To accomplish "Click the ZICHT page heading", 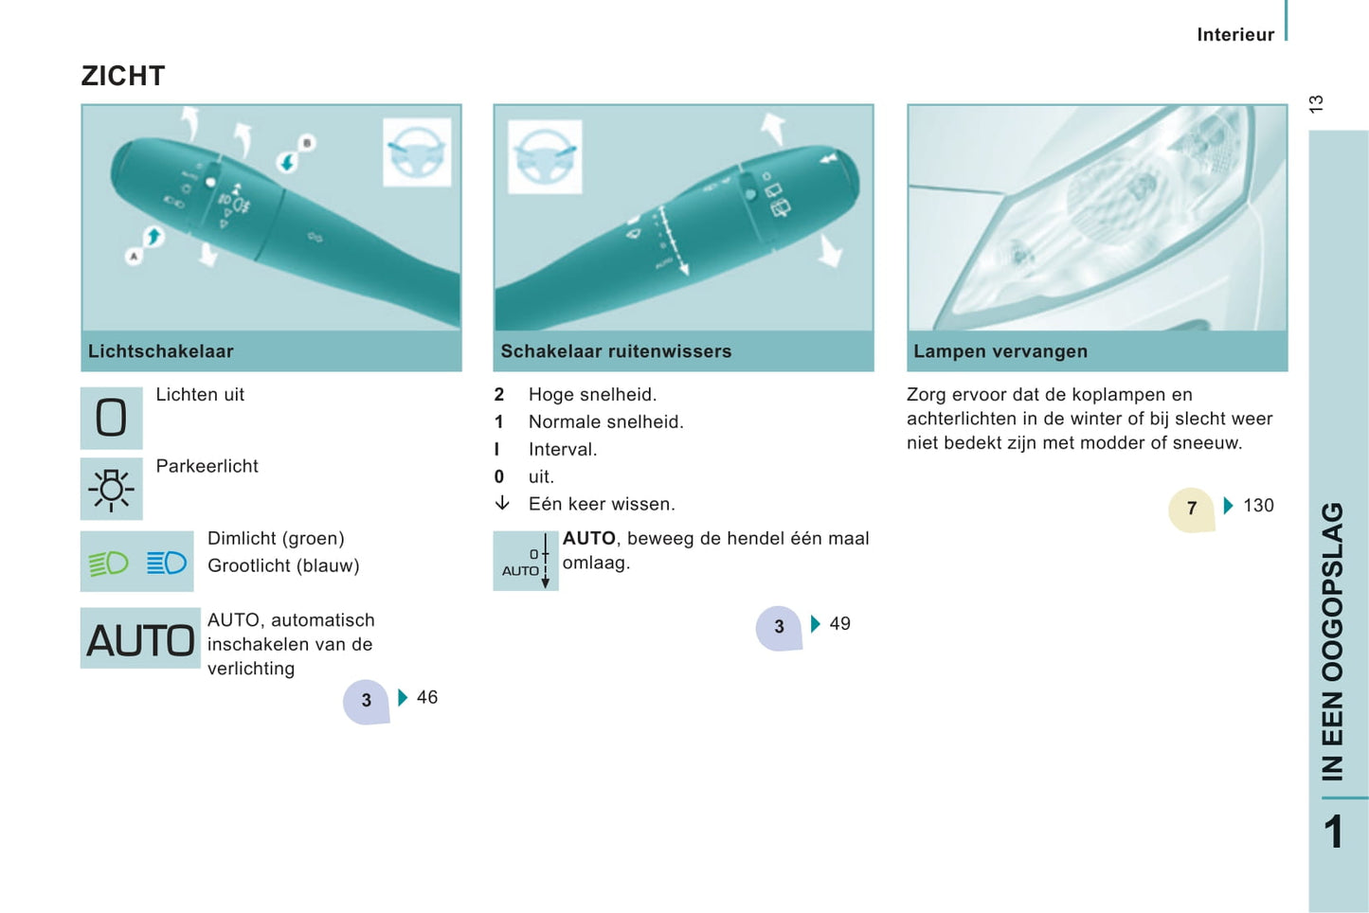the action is (123, 76).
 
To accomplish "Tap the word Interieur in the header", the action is (1235, 35).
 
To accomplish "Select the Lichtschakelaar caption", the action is (161, 351).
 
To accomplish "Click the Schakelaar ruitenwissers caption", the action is (616, 351).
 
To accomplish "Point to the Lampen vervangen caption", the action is (1000, 351).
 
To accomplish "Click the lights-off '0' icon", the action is (111, 418).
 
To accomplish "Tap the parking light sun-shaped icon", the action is (111, 489).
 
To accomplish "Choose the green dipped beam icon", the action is (109, 563).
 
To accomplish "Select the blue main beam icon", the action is (166, 563).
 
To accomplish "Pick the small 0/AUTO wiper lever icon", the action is (526, 561).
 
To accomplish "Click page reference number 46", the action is (427, 697).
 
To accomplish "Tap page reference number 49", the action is (839, 623).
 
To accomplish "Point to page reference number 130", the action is (1258, 506).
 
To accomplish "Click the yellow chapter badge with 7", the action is (1191, 509).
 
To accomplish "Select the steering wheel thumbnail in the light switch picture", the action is (417, 152).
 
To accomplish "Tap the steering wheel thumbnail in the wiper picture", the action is (545, 156).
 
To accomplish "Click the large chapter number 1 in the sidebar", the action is (1334, 832).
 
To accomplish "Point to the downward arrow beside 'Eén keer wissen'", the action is (502, 504).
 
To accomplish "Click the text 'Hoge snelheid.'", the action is (592, 395).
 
